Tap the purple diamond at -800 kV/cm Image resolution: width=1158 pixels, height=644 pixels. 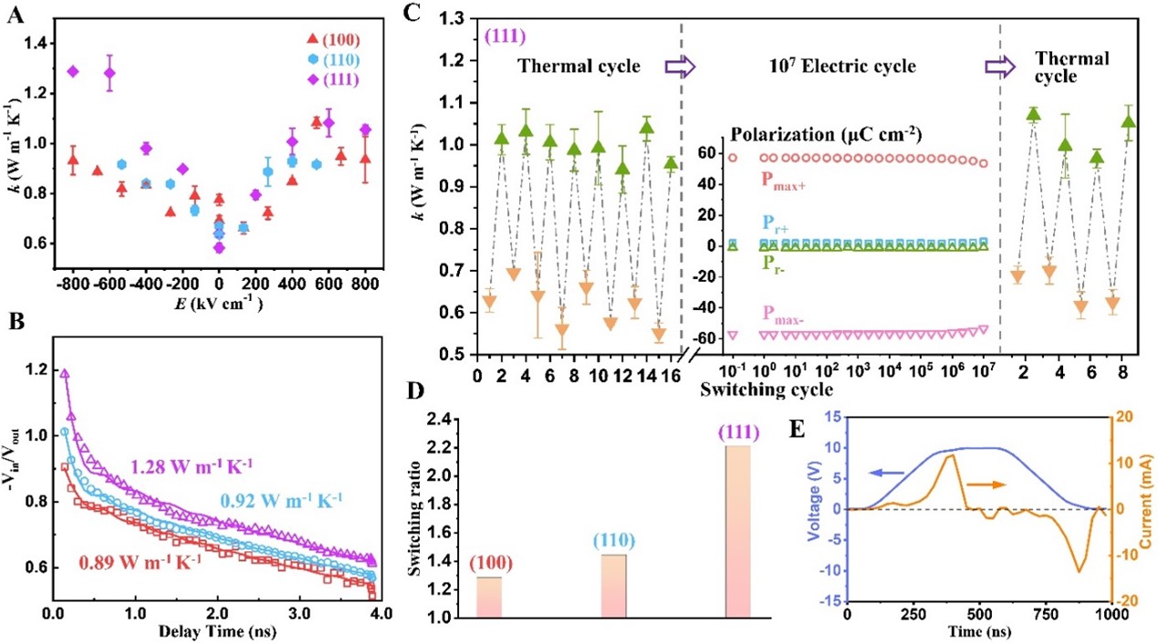(73, 71)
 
